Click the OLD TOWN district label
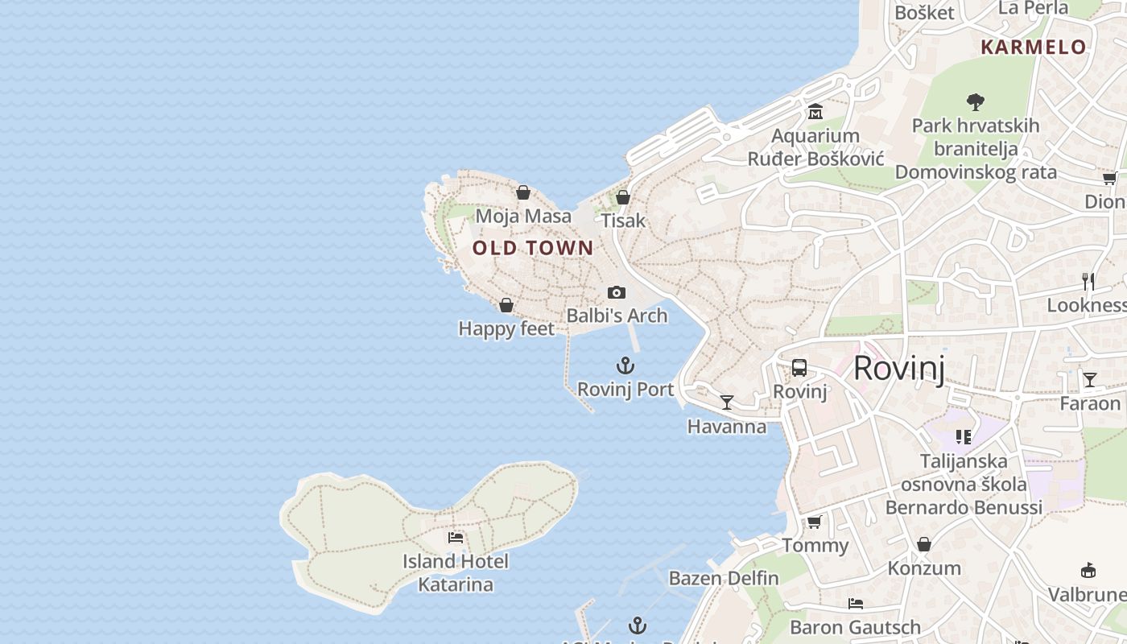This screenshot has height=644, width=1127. point(533,248)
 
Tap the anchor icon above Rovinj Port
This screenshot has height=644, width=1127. point(625,366)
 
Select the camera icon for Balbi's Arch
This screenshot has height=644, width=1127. point(617,292)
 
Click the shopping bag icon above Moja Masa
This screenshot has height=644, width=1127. point(523,192)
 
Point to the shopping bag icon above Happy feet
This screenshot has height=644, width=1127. point(506,305)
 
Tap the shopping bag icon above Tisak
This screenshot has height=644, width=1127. point(622,196)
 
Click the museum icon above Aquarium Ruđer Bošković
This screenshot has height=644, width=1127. point(815,111)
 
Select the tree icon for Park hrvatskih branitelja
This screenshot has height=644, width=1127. point(976,102)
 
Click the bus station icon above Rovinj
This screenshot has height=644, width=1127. point(799,368)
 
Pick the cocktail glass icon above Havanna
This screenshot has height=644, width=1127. point(727,402)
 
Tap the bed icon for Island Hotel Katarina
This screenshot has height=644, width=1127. point(456,538)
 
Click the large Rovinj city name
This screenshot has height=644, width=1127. point(898,368)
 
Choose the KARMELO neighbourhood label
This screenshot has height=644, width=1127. point(1034,47)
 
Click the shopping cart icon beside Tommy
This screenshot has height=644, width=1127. point(815,522)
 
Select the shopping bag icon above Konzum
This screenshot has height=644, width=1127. point(924,544)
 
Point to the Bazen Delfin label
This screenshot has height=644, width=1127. point(724,578)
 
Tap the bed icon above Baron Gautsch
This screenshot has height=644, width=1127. point(855,604)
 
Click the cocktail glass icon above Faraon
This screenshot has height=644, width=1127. point(1089,379)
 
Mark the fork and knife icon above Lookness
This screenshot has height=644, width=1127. point(1088,282)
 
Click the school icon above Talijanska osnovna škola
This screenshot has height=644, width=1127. point(964,437)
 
